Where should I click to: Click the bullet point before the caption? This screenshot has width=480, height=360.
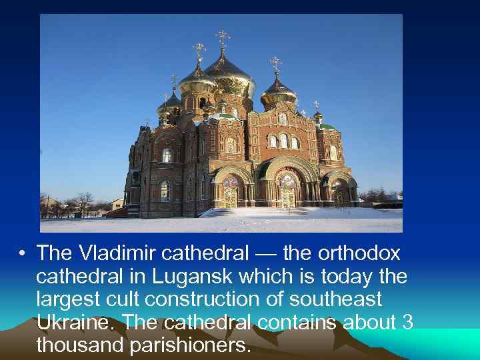pyautogui.click(x=22, y=254)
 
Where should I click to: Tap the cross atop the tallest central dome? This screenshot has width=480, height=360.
pyautogui.click(x=222, y=37)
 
